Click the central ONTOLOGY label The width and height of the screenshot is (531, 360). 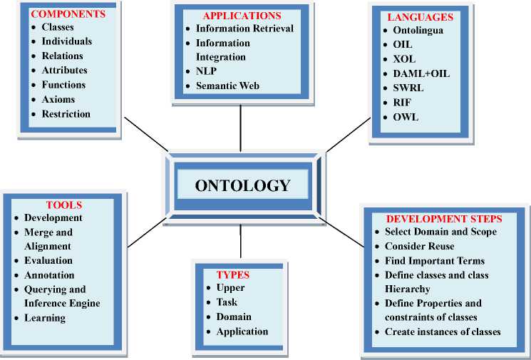[x=242, y=185]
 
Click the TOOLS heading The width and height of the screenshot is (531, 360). [x=64, y=204]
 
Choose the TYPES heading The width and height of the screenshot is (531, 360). [x=232, y=274]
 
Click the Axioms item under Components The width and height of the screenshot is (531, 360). [x=58, y=99]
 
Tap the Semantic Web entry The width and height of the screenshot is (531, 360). [x=227, y=86]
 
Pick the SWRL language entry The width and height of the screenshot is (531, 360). [x=408, y=88]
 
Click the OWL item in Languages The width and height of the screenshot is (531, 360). [x=406, y=117]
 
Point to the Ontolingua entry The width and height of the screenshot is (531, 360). [x=419, y=31]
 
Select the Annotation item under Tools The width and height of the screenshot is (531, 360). [x=49, y=275]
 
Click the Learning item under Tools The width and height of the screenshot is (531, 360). [x=45, y=318]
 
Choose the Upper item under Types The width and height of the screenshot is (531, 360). [x=230, y=288]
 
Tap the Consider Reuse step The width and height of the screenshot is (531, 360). [x=420, y=246]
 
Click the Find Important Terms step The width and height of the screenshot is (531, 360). [x=434, y=260]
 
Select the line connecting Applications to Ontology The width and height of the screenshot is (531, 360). [x=240, y=128]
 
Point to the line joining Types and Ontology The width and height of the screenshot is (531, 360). [x=240, y=245]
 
